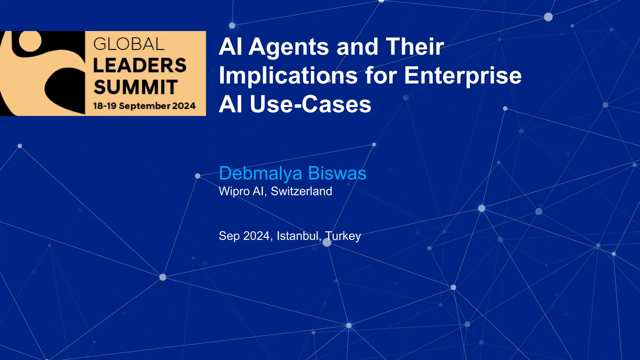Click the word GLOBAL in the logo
[129, 44]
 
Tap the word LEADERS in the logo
[140, 65]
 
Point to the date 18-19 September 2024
[144, 106]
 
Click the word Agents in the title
[289, 47]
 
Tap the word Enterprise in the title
[463, 76]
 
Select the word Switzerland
[301, 191]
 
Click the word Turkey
[343, 236]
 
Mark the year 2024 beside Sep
[256, 236]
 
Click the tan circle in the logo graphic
[30, 41]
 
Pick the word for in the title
[381, 76]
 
